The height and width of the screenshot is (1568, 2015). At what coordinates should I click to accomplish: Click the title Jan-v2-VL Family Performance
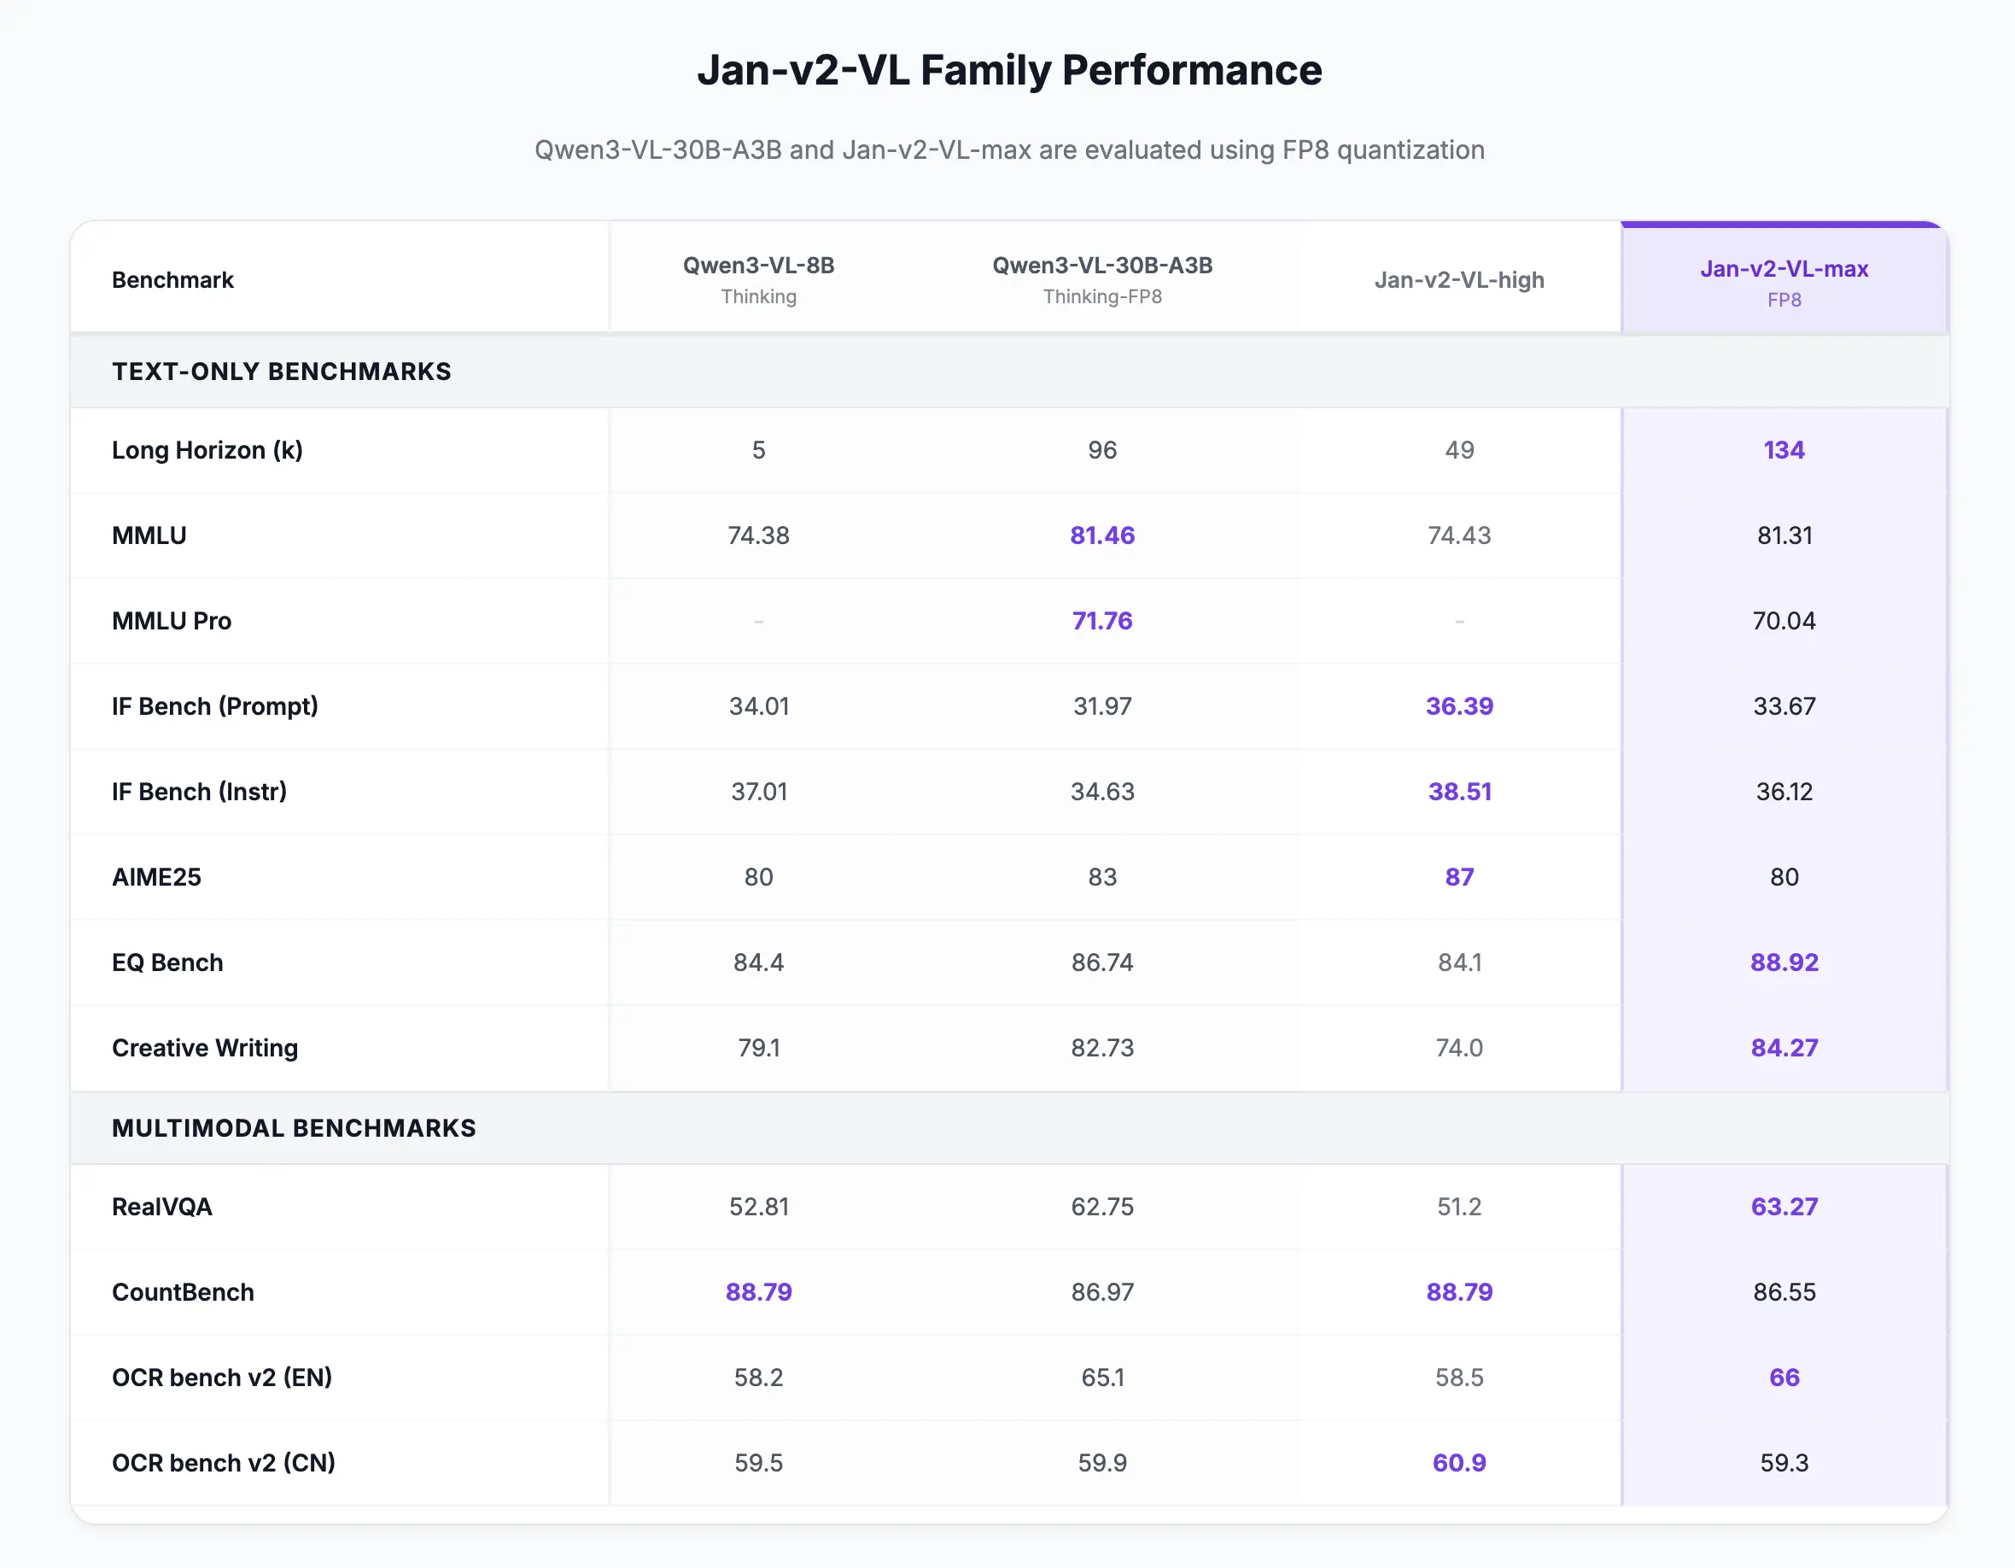pos(1008,70)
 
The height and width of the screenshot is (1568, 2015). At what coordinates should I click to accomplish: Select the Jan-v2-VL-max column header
pos(1784,270)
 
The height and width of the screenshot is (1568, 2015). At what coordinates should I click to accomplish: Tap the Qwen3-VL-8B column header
pos(758,266)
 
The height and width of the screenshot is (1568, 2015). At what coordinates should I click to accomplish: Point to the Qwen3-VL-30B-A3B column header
pos(1101,266)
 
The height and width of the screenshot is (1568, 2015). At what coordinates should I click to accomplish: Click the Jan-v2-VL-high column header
pos(1458,279)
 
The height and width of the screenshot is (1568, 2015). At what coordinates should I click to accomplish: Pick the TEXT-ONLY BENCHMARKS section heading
pos(282,371)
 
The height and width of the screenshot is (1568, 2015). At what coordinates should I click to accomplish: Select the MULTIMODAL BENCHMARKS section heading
pos(294,1128)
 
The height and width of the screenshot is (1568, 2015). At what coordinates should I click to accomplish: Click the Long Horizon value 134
pos(1784,450)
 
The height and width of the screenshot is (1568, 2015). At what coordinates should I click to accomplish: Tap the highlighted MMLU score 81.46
pos(1101,535)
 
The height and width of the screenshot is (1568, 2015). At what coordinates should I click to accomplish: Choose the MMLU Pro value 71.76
pos(1101,621)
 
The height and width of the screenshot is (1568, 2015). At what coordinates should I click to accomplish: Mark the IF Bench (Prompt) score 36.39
pos(1458,706)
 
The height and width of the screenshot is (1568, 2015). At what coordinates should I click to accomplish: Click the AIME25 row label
pos(156,877)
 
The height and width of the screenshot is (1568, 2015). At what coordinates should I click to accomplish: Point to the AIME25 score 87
pos(1458,877)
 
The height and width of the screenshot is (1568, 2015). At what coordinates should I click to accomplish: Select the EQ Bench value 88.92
pos(1784,962)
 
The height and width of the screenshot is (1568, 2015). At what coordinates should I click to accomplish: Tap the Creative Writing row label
pos(205,1048)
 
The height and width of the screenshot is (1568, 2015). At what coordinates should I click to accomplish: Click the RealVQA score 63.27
pos(1784,1206)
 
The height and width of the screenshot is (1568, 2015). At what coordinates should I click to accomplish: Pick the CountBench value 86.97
pos(1101,1292)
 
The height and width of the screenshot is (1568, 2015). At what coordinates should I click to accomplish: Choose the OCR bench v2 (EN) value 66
pos(1784,1377)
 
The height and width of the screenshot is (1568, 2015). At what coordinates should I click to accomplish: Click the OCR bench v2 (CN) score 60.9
pos(1458,1463)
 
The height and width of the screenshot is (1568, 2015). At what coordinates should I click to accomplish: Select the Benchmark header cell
pos(172,279)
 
